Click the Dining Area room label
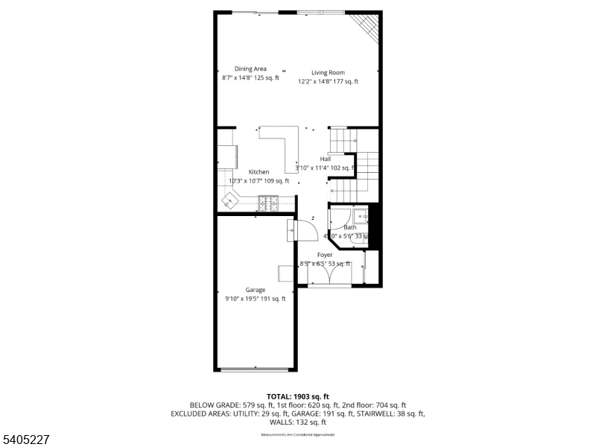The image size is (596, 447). click(x=250, y=69)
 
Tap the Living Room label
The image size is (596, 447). click(x=328, y=72)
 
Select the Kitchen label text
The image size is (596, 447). click(x=259, y=172)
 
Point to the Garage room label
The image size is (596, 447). click(x=256, y=290)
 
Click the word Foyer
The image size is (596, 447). click(x=325, y=255)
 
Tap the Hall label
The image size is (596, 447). click(x=326, y=159)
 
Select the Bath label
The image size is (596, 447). click(x=349, y=227)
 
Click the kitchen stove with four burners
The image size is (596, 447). click(x=267, y=201)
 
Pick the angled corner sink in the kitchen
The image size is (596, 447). click(x=230, y=200)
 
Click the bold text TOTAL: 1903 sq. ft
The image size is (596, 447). click(x=298, y=396)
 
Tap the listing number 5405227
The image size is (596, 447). click(x=26, y=440)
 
